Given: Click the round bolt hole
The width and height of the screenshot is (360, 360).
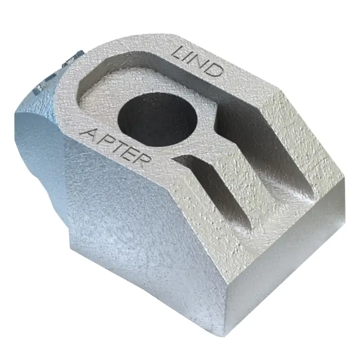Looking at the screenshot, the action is [157, 119].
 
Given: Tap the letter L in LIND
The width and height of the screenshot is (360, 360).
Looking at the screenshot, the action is [179, 53].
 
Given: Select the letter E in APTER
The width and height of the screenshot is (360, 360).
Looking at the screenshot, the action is [129, 154].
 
